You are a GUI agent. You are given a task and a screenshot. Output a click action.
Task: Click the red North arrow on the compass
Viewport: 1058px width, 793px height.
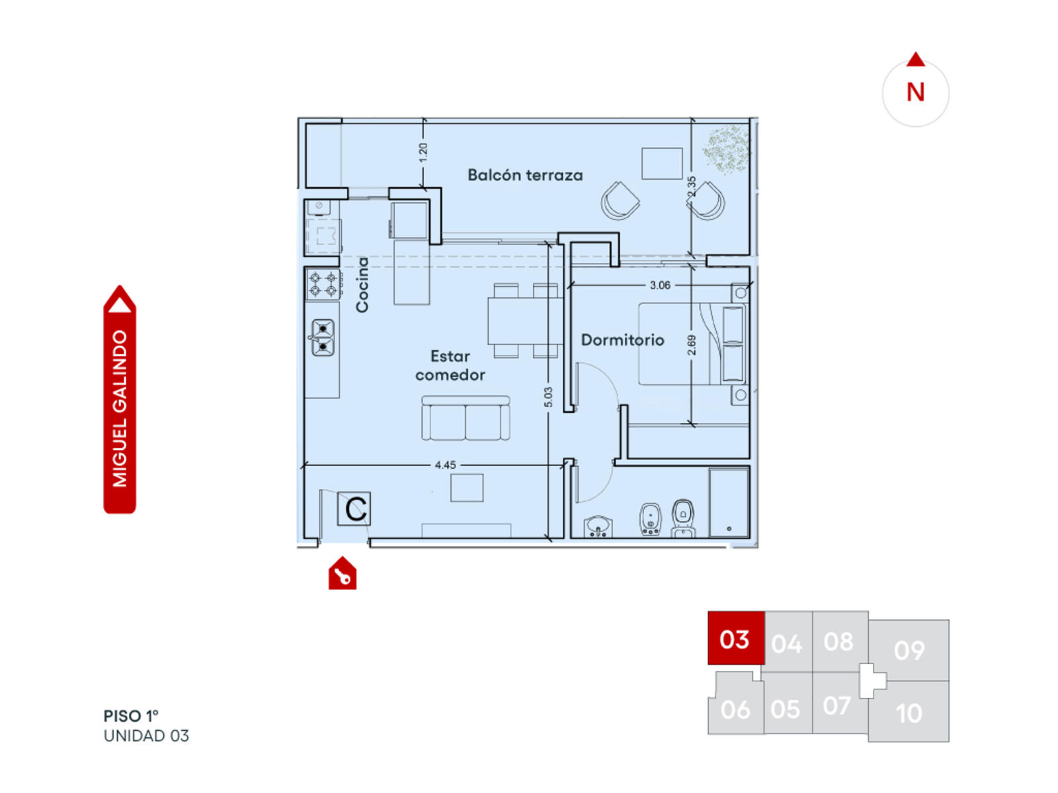coord(915,59)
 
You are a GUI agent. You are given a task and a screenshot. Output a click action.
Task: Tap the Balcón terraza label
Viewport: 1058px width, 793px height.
coord(525,174)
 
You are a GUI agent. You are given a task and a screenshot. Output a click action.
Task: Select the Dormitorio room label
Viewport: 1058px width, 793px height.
coord(622,340)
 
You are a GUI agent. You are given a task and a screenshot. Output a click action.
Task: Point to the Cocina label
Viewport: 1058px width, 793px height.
coord(362,284)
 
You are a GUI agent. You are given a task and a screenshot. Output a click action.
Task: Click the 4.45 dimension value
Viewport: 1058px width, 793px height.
coord(445,465)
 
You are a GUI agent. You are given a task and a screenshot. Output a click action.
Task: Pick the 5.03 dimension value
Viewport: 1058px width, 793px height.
coord(548,397)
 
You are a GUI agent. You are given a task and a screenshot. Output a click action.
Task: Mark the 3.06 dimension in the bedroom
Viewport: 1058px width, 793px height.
coord(659,285)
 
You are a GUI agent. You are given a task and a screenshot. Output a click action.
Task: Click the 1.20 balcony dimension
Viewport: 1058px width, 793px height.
coord(423,152)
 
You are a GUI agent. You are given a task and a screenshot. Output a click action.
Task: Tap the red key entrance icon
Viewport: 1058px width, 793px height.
coord(343,573)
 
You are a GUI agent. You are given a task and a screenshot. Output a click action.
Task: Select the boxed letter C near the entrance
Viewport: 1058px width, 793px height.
coord(354,508)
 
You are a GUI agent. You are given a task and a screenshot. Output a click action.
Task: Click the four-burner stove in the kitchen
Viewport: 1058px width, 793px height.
coord(323,284)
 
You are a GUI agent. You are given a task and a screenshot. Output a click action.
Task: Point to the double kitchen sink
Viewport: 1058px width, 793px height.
coord(323,338)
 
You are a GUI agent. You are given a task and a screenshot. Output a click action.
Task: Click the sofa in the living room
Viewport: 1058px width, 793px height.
coord(465,418)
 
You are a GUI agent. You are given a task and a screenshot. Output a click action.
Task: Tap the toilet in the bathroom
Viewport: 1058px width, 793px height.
coord(682,518)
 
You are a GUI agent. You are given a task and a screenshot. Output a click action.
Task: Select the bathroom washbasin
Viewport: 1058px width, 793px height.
coord(598,526)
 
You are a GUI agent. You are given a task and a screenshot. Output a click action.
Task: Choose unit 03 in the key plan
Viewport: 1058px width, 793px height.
coord(735,638)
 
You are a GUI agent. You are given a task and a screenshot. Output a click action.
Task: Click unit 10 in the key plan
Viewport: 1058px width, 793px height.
coord(909,712)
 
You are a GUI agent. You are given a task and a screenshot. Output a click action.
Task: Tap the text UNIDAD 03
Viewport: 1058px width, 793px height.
coord(146,736)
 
